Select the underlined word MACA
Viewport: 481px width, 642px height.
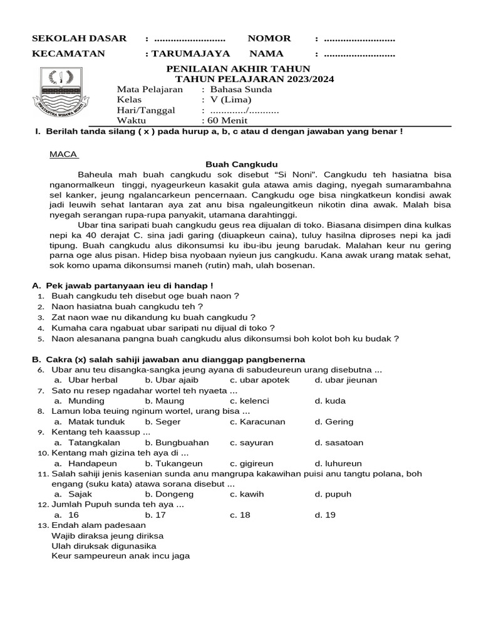[x=63, y=154]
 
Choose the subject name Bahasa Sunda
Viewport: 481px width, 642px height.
[x=237, y=89]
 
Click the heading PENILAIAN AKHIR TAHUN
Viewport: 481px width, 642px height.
[x=237, y=68]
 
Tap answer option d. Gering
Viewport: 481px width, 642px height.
[x=334, y=422]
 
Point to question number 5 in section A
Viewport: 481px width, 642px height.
[x=41, y=339]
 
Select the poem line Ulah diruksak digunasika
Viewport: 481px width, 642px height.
[x=104, y=545]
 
